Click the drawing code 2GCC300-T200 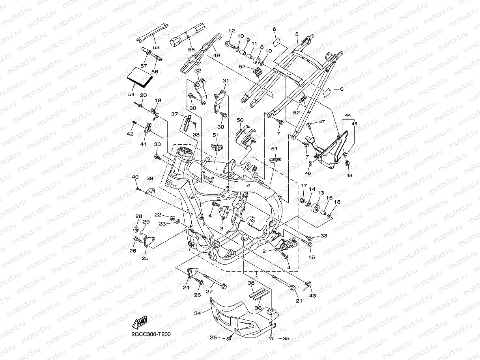click(151, 334)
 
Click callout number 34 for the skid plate click(198, 313)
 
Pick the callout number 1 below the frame click(256, 277)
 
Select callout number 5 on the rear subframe click(296, 34)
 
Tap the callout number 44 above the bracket click(347, 115)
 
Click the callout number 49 click(217, 56)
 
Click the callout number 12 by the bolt click(231, 31)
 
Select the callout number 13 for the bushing click(321, 193)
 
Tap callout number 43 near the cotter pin click(313, 295)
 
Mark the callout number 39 click(150, 179)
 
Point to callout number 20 click(143, 95)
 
